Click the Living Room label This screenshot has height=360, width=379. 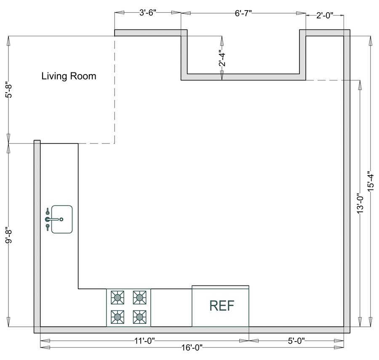tap(69, 76)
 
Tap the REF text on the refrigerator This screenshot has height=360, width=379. tap(222, 306)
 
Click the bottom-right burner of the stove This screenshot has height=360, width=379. tap(139, 316)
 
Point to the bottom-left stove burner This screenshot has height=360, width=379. tap(117, 316)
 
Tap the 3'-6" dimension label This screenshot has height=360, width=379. tap(148, 13)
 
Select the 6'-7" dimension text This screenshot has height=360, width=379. tap(243, 13)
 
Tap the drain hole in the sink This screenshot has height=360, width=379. tap(61, 219)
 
